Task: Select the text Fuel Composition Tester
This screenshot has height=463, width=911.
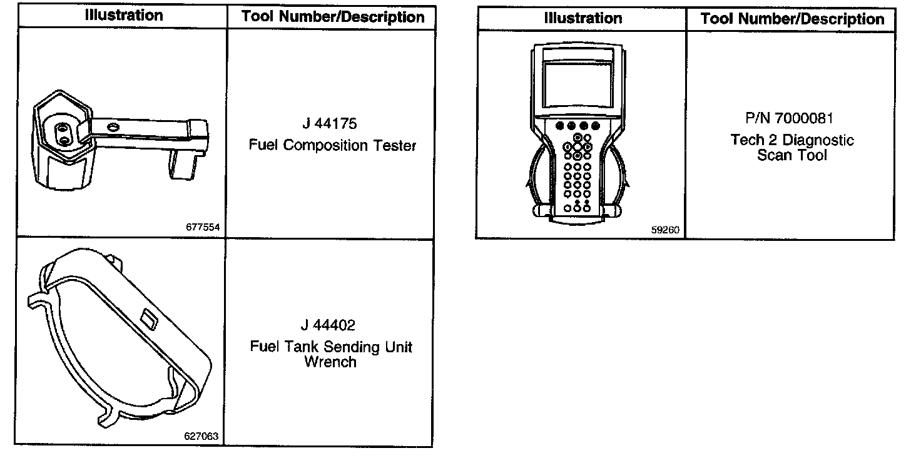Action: coord(332,146)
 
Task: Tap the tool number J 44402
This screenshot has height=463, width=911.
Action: coord(328,325)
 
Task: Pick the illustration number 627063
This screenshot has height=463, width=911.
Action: coord(201,437)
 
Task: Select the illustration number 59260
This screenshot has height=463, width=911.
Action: coord(664,230)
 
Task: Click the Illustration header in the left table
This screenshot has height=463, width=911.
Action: coord(124,16)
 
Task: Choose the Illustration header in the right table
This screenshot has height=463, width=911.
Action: coord(583,18)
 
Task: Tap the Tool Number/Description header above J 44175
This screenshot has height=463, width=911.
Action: coord(333,17)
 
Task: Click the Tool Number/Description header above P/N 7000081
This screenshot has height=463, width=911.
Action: coord(792,19)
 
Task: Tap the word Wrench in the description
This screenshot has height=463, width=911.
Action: coord(330,362)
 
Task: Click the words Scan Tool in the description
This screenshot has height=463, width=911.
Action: coord(791,155)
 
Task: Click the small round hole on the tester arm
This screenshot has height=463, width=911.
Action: coord(113,127)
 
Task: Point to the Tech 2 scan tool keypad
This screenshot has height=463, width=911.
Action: coord(578,169)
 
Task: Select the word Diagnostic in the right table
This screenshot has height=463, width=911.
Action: coord(813,140)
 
